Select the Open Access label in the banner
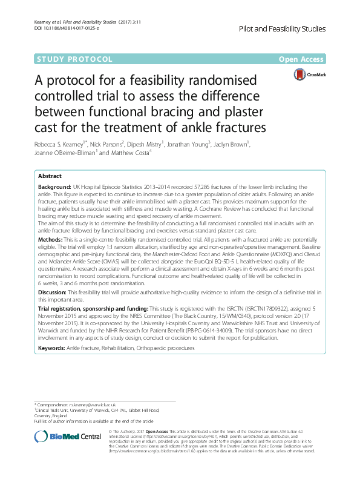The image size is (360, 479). point(301,59)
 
